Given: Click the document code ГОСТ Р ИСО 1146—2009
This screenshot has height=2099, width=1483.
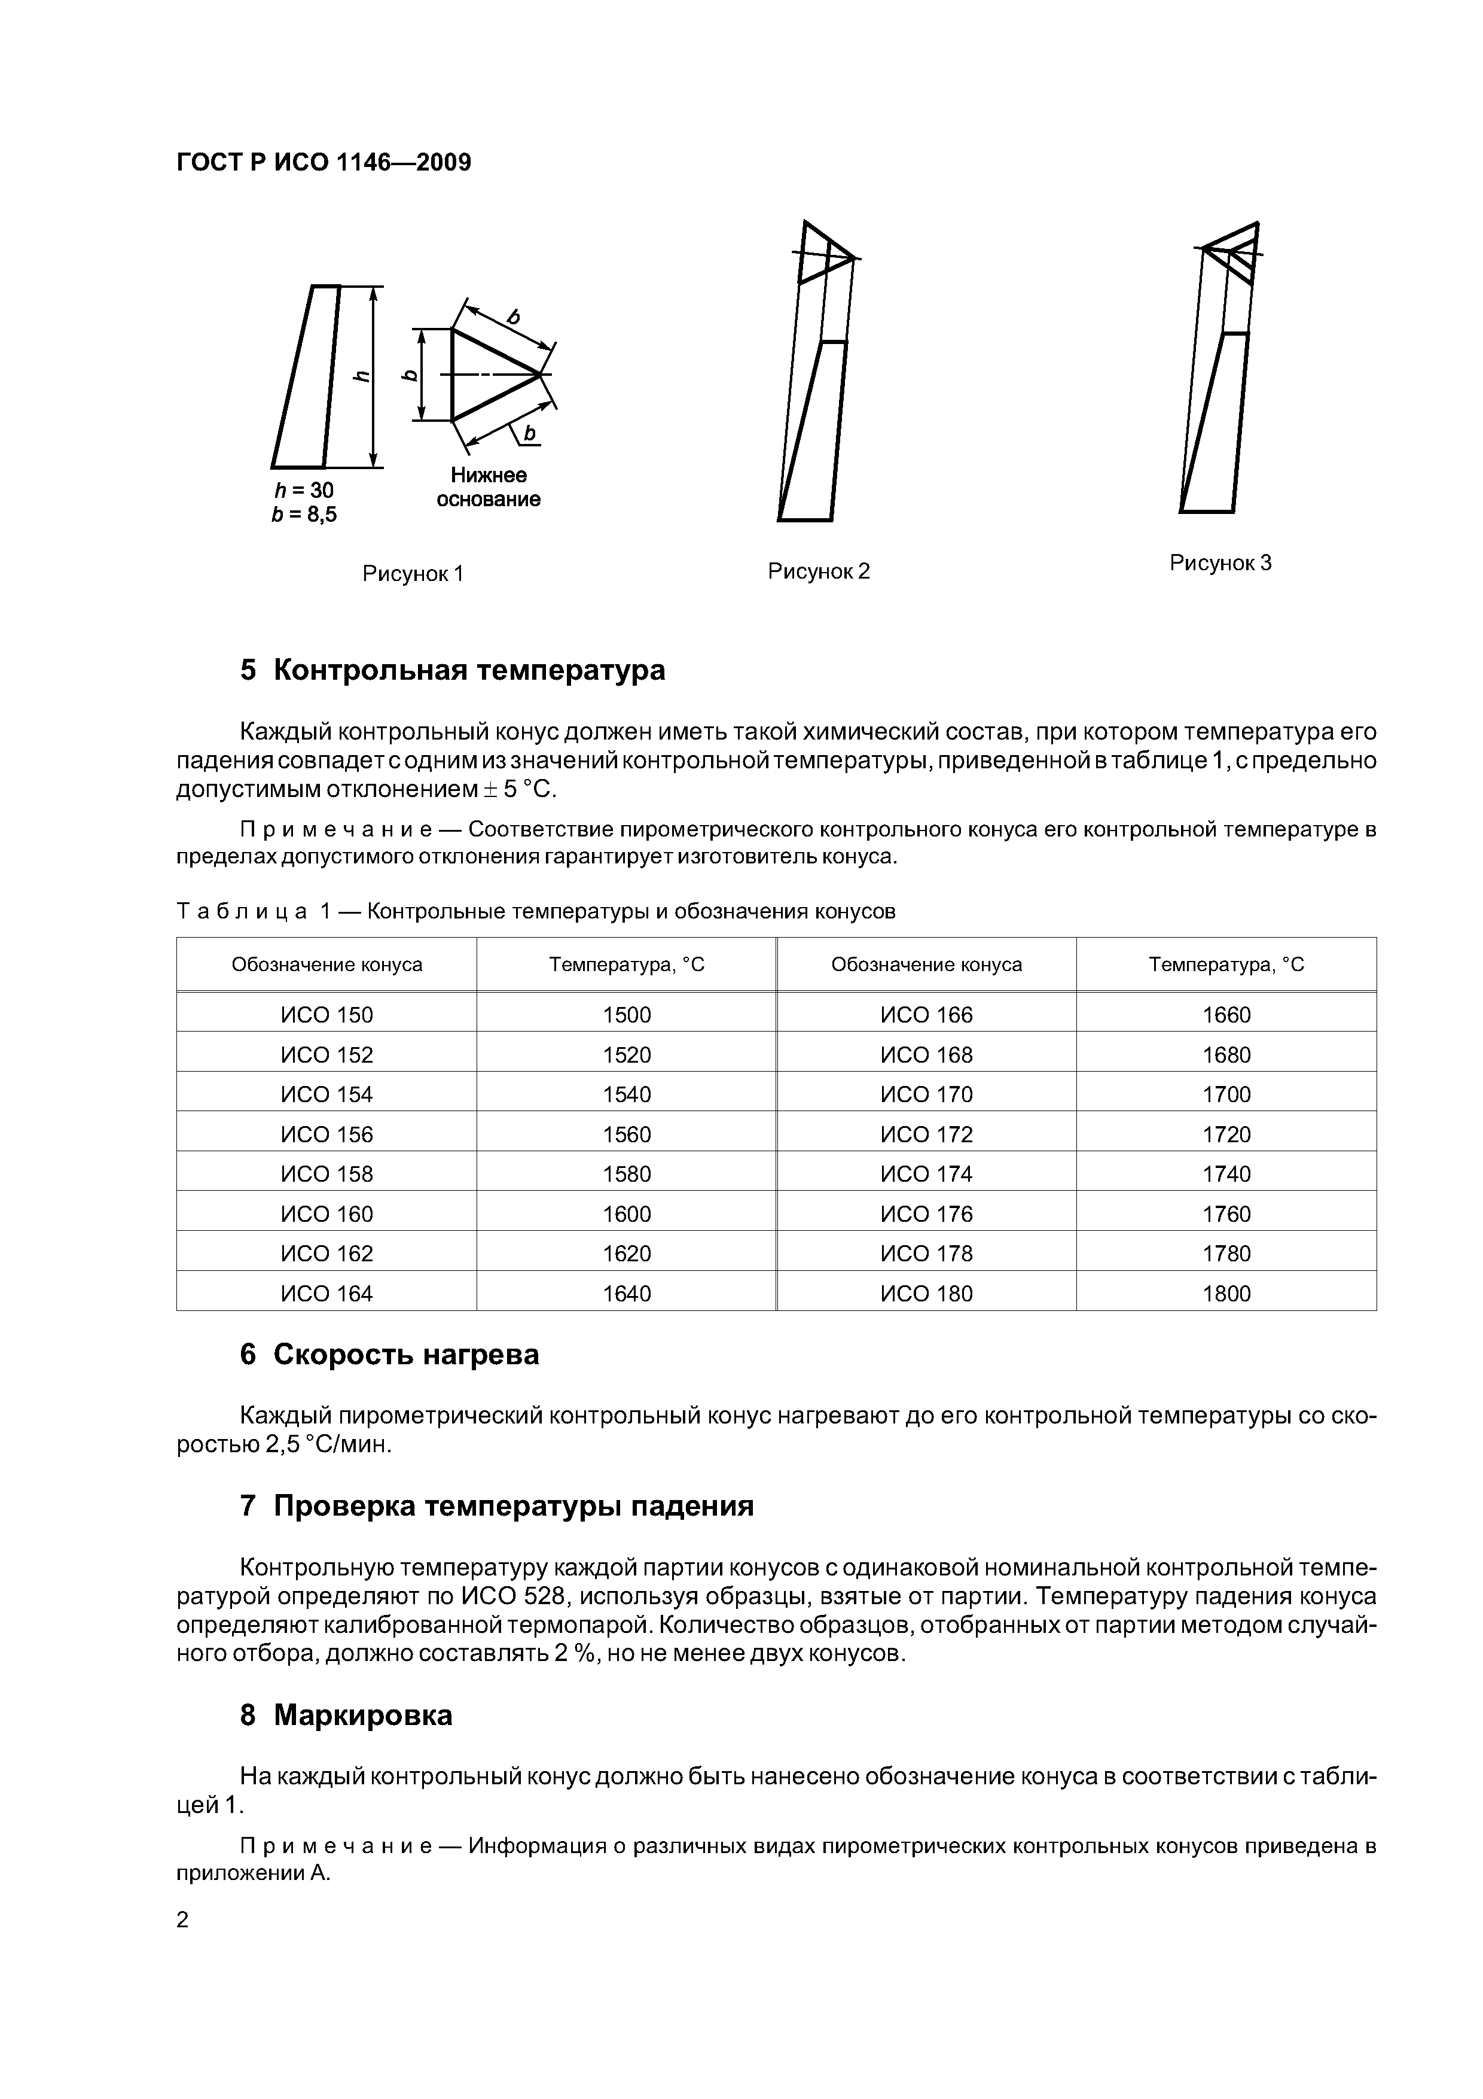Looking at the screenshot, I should (x=324, y=163).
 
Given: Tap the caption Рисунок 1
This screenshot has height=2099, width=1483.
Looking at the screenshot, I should (x=413, y=573).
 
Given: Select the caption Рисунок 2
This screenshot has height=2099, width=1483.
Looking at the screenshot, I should (x=819, y=571).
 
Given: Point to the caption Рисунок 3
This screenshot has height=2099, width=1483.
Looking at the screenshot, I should (x=1220, y=563).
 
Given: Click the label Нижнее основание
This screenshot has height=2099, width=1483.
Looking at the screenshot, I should (x=488, y=487).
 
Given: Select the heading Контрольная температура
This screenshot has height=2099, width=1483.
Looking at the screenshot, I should (x=469, y=670).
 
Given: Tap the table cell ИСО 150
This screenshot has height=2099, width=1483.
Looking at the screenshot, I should (x=327, y=1015).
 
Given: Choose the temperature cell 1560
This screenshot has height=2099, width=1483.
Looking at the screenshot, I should (x=627, y=1134).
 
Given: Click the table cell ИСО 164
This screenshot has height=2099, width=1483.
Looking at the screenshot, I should (x=327, y=1294).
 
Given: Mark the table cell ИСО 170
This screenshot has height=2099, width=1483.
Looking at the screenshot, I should (x=926, y=1094).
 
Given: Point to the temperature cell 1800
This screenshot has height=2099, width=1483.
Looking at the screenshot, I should (x=1226, y=1294).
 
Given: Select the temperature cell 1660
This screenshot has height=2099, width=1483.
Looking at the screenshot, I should (x=1226, y=1015).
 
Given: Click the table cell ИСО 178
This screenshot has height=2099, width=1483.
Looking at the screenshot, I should (x=926, y=1254).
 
